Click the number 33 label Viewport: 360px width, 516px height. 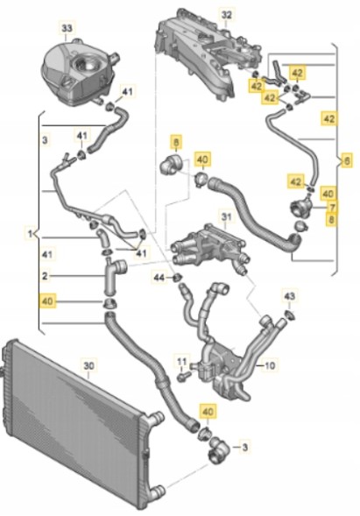67,28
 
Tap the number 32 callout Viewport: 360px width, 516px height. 226,15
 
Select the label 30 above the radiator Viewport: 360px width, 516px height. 88,366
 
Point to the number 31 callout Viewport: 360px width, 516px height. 226,217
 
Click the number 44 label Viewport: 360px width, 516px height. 159,278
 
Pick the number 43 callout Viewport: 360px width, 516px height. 290,296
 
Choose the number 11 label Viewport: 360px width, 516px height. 182,361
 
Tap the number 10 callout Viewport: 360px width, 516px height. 270,365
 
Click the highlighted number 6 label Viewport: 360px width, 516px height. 347,161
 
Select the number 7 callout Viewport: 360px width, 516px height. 332,208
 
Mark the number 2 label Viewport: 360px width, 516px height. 45,276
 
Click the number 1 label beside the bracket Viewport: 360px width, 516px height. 30,234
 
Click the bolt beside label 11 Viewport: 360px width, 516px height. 184,376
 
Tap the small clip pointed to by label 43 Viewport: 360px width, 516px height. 290,315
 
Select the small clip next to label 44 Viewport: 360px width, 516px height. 177,278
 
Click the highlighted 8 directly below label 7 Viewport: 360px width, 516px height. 331,220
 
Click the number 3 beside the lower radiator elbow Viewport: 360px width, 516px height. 244,447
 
